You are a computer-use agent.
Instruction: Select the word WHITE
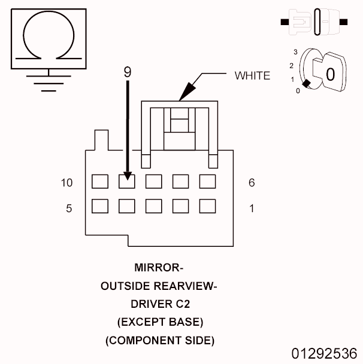click(252, 75)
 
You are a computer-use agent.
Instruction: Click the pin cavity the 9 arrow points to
click(126, 181)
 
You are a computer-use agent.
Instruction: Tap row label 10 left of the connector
click(66, 182)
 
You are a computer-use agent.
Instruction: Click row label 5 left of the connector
click(69, 209)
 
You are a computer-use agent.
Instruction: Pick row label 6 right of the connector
click(252, 182)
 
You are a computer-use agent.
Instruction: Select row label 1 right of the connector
click(252, 209)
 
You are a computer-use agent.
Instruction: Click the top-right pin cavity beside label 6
click(207, 181)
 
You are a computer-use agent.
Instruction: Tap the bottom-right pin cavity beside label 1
click(207, 207)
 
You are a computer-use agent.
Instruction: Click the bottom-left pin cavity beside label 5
click(99, 207)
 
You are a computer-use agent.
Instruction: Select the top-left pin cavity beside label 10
click(99, 181)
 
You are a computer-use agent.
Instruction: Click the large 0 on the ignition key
click(329, 74)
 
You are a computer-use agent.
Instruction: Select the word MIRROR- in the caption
click(159, 267)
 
